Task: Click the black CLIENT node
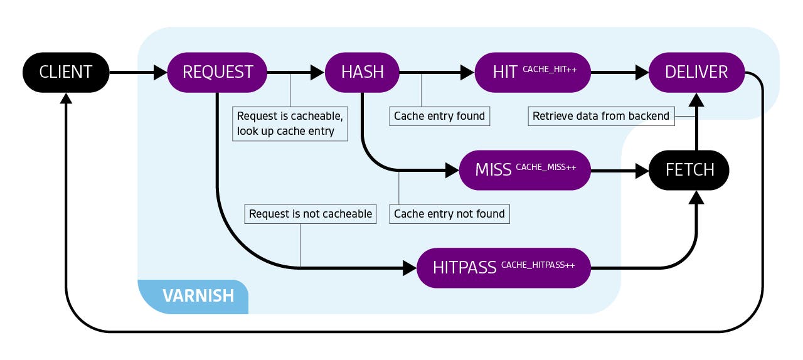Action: coord(66,72)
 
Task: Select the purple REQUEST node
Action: coord(217,72)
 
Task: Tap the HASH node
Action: coord(362,72)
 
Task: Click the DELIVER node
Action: coord(696,72)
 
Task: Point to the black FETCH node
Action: coord(689,169)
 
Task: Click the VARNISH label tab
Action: coord(198,296)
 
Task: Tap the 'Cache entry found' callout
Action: coord(439,116)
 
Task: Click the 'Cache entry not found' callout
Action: coord(449,214)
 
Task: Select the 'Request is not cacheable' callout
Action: coord(311,214)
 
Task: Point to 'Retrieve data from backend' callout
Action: coord(601,116)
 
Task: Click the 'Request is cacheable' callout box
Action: coord(290,124)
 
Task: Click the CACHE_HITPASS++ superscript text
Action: coord(538,265)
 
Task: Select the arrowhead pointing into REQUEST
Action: coord(161,72)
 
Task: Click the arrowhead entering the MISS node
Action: coord(452,169)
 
